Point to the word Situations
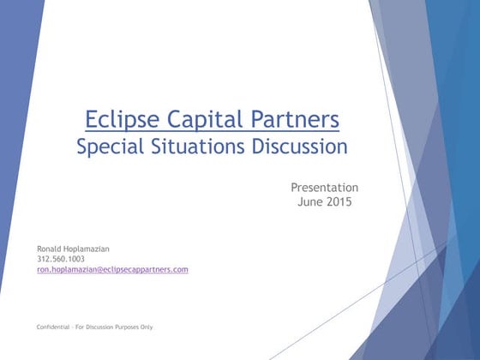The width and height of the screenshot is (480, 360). tap(199, 147)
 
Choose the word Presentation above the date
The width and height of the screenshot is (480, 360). tap(324, 188)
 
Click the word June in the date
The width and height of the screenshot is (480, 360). tap(310, 202)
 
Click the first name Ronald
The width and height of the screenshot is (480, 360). tap(50, 249)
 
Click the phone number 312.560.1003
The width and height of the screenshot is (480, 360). tap(61, 259)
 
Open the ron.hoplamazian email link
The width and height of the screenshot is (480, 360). tap(111, 269)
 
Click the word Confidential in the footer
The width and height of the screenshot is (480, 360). tap(54, 327)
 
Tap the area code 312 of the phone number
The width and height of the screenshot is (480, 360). tap(44, 259)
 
